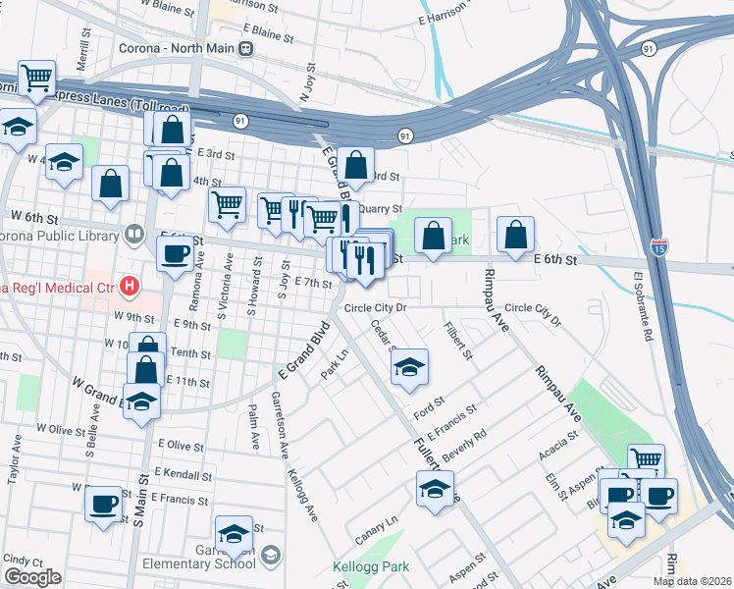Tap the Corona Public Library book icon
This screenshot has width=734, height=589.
(133, 235)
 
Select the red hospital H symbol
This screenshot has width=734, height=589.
(128, 287)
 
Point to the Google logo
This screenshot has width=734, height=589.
(32, 577)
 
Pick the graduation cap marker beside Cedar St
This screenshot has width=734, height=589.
(409, 368)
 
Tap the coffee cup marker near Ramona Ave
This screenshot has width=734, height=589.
(176, 254)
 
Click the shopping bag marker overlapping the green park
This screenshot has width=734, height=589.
(433, 236)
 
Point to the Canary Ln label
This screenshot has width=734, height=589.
(375, 528)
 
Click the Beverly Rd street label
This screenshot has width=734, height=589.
(464, 447)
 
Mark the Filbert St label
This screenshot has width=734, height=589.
(458, 340)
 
